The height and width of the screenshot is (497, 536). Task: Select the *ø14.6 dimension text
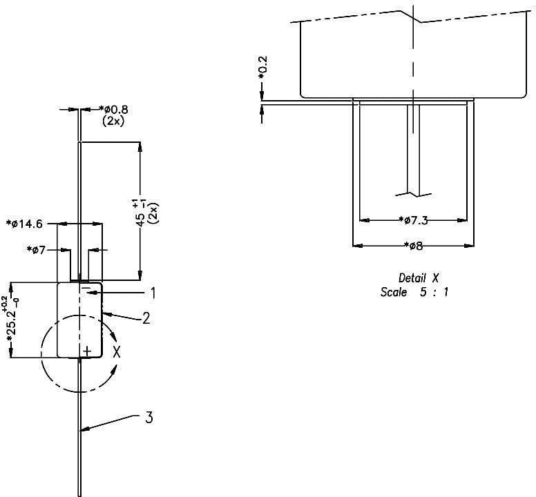pos(24,224)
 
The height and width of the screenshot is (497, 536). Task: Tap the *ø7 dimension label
pos(37,250)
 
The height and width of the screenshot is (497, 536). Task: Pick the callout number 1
pos(153,293)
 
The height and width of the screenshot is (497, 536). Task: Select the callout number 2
pos(146,320)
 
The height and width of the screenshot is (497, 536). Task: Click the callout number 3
pos(149,418)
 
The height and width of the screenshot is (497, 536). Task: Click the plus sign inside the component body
pos(86,352)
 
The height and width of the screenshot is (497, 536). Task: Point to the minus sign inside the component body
pos(86,288)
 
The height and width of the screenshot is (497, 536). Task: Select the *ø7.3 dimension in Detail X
pos(414,220)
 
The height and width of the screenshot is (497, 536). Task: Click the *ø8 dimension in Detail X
pos(412,246)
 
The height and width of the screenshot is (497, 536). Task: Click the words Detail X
pos(419,278)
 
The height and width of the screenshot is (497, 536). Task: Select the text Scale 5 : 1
pos(415,292)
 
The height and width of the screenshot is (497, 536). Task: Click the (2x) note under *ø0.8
pos(113,120)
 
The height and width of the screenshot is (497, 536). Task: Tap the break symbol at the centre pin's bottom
pos(413,191)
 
